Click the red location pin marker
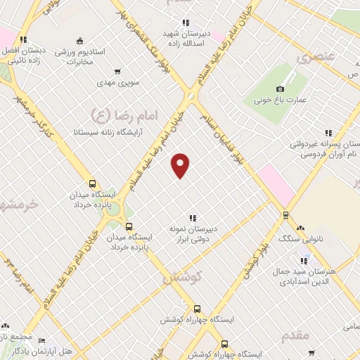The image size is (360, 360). tap(181, 165)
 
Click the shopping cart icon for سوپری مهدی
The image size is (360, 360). tap(117, 72)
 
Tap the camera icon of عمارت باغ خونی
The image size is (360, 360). tap(281, 89)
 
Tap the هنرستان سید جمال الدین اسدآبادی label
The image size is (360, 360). tap(307, 276)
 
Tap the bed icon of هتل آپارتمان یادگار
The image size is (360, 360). tap(41, 340)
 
